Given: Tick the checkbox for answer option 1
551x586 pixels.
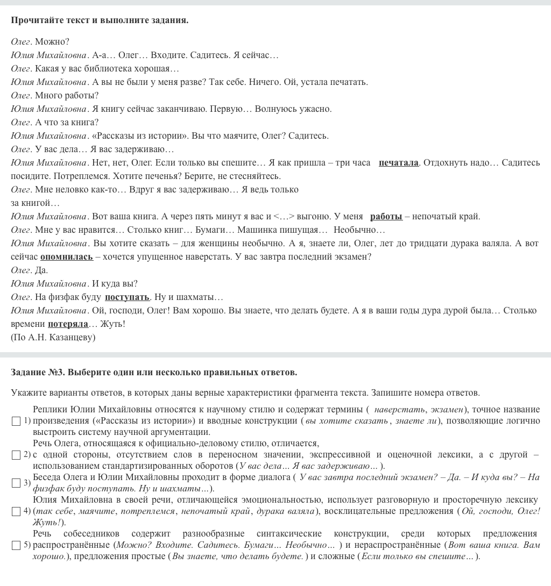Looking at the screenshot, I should pos(16,421).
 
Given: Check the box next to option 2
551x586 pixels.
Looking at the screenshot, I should pos(16,455).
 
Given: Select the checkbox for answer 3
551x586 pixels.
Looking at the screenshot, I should pos(16,483).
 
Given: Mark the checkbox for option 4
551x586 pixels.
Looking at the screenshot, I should pos(16,511).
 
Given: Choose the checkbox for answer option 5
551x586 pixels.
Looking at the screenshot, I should pos(16,545).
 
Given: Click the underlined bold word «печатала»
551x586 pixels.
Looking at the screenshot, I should pos(398,163).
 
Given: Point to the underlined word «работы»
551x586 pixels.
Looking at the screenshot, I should pos(386,217).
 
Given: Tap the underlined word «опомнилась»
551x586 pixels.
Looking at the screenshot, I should pos(67,257).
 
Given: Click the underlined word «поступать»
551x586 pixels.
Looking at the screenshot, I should pos(127,297).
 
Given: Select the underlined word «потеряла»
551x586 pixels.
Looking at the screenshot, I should pos(68,324).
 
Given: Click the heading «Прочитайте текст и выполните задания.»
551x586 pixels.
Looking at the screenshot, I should pos(100,20).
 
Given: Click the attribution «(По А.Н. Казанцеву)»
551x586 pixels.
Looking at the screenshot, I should pos(53,338).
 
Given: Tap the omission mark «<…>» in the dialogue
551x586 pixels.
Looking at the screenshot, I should pos(284,217).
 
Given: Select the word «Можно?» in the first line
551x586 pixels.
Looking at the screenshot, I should pos(52,42).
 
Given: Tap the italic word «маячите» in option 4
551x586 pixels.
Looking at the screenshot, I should pos(97,511).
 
